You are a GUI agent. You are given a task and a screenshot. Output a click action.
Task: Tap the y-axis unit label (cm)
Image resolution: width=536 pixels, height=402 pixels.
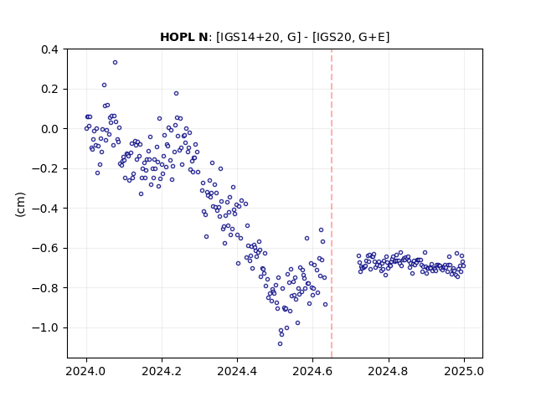click(x=20, y=204)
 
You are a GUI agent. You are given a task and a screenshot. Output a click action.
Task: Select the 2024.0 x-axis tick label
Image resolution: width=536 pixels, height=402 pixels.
click(x=86, y=371)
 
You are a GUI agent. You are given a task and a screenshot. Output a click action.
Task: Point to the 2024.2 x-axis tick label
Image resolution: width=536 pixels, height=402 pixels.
click(x=162, y=371)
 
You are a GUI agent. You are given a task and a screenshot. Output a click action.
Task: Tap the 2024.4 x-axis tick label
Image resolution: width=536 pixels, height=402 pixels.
click(x=237, y=371)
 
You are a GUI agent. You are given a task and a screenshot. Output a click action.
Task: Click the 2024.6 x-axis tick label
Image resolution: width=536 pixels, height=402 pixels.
click(x=312, y=371)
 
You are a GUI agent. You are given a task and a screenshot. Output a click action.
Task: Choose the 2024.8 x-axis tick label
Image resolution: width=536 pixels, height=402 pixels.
click(x=389, y=371)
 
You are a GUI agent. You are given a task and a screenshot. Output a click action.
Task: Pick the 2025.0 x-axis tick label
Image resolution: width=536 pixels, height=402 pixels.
click(x=464, y=371)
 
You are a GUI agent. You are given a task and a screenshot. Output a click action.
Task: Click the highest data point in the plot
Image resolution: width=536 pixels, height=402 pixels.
click(x=116, y=62)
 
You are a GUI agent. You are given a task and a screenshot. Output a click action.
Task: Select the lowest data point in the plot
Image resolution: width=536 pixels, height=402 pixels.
click(x=280, y=343)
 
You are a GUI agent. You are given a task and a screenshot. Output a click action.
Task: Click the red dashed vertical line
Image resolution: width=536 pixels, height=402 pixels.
click(x=332, y=204)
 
